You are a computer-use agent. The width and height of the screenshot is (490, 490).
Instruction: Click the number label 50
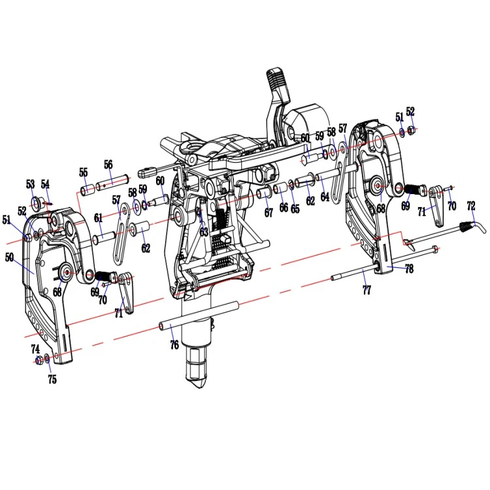pyautogui.click(x=10, y=257)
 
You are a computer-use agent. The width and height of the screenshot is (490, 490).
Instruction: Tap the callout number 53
pyautogui.click(x=30, y=184)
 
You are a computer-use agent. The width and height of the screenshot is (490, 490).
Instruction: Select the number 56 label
pyautogui.click(x=108, y=165)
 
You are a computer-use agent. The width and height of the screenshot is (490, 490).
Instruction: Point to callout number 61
pyautogui.click(x=99, y=218)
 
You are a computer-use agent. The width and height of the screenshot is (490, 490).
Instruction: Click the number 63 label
pyautogui.click(x=204, y=232)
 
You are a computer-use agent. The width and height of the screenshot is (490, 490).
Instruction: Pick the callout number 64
pyautogui.click(x=325, y=197)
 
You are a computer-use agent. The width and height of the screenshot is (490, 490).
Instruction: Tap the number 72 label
pyautogui.click(x=471, y=206)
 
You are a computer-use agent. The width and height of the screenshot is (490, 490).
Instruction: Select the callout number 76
pyautogui.click(x=174, y=345)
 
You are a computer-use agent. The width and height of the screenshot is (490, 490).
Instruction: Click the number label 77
pyautogui.click(x=367, y=290)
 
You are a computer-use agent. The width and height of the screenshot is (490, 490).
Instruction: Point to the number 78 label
pyautogui.click(x=409, y=269)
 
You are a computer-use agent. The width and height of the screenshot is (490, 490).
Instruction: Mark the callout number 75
pyautogui.click(x=52, y=380)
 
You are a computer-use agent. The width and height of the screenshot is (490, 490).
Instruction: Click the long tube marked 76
pyautogui.click(x=199, y=315)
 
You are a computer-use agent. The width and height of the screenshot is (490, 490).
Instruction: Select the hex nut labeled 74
pyautogui.click(x=39, y=361)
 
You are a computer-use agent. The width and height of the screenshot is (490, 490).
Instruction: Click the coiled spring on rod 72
pyautogui.click(x=468, y=225)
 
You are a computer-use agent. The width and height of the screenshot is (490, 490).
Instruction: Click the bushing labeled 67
pyautogui.click(x=265, y=193)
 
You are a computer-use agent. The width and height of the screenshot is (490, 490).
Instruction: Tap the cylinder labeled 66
pyautogui.click(x=280, y=189)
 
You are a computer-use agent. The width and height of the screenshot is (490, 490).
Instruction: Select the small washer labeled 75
pyautogui.click(x=47, y=359)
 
